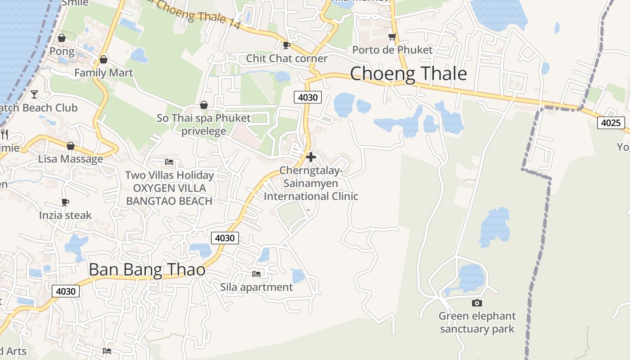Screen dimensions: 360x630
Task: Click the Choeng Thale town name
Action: pyautogui.click(x=408, y=73)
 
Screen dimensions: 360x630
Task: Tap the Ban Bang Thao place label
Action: pyautogui.click(x=147, y=270)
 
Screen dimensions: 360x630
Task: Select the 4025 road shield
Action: pyautogui.click(x=611, y=122)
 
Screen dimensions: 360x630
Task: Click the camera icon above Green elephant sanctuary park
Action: pyautogui.click(x=477, y=303)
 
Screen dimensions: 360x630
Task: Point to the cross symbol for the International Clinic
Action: pyautogui.click(x=310, y=157)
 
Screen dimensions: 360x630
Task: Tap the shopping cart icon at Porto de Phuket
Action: pyautogui.click(x=392, y=36)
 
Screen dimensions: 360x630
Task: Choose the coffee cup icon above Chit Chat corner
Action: pyautogui.click(x=286, y=45)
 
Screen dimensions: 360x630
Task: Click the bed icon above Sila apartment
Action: pyautogui.click(x=256, y=273)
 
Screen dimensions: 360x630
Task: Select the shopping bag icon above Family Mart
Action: pyautogui.click(x=103, y=59)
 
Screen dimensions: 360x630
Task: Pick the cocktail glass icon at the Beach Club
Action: pyautogui.click(x=34, y=94)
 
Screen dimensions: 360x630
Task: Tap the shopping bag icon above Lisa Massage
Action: pyautogui.click(x=70, y=146)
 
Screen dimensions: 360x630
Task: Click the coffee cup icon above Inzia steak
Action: pyautogui.click(x=65, y=202)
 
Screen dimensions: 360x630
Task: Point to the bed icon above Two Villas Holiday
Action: pyautogui.click(x=169, y=162)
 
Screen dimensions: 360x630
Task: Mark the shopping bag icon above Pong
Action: pyautogui.click(x=62, y=38)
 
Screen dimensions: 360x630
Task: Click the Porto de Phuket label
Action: pyautogui.click(x=392, y=49)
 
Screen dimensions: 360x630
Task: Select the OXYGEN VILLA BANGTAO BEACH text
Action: pyautogui.click(x=169, y=194)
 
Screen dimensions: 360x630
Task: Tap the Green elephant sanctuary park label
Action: pyautogui.click(x=477, y=322)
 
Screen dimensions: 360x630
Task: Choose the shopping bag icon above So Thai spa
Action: pyautogui.click(x=204, y=105)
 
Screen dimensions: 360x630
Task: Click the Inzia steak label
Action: pyautogui.click(x=65, y=215)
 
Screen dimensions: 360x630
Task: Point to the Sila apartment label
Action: pyautogui.click(x=256, y=287)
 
